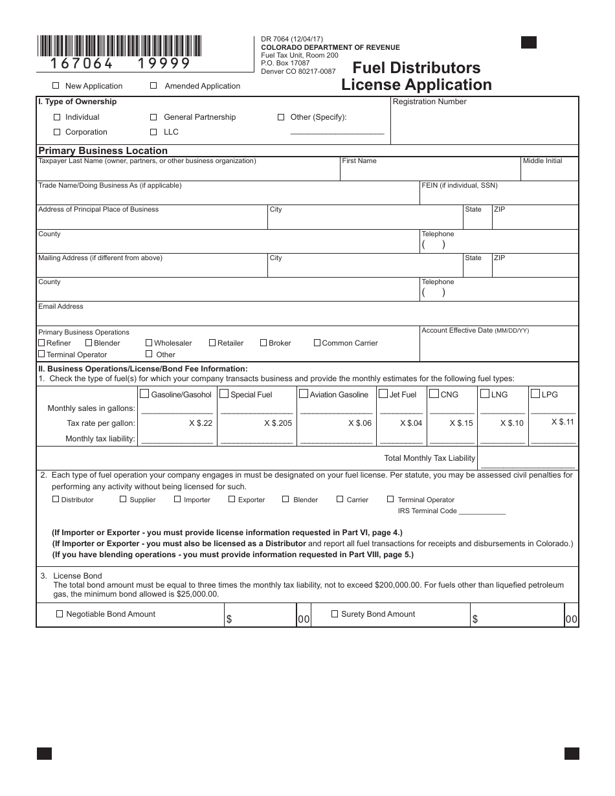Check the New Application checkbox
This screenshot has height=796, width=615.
click(56, 85)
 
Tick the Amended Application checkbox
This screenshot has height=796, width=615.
click(153, 85)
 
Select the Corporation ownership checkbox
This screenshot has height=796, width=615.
click(57, 132)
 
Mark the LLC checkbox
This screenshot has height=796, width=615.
click(153, 132)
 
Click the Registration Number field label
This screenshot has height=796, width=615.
click(429, 102)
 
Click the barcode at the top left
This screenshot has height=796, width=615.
click(119, 47)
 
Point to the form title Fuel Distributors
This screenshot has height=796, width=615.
click(416, 68)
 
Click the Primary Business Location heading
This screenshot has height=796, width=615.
click(103, 151)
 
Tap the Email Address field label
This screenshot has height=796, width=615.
click(61, 306)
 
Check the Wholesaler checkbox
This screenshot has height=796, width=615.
click(149, 343)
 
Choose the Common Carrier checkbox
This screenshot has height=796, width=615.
click(317, 343)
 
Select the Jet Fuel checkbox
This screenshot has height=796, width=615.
click(383, 393)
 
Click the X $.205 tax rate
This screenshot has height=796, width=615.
click(278, 423)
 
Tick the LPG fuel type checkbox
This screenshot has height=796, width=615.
click(535, 393)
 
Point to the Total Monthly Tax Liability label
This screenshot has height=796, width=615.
click(429, 458)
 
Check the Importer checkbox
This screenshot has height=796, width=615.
click(178, 499)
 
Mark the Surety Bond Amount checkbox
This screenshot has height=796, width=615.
click(335, 614)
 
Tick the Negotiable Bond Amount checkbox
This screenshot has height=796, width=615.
click(60, 614)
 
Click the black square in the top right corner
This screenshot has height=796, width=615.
click(529, 43)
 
